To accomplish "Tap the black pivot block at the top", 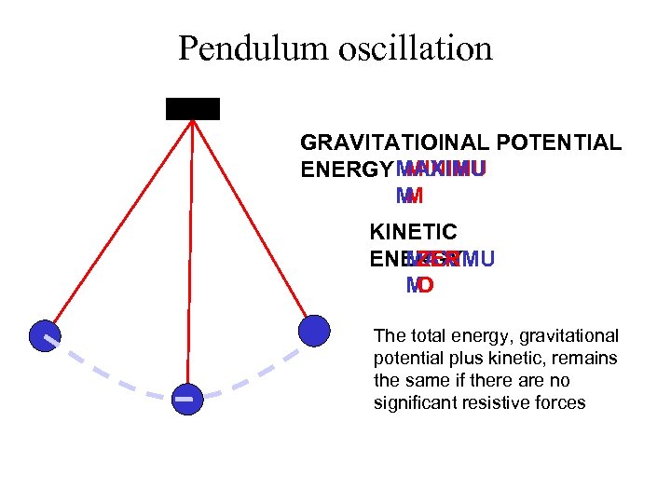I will tap(193, 108).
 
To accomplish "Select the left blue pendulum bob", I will tap(44, 335).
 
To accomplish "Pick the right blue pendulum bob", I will tap(314, 330).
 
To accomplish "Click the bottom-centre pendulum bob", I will tap(186, 398).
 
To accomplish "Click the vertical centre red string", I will tap(189, 251).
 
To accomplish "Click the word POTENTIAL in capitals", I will tap(559, 143).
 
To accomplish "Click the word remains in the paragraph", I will tap(588, 359).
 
